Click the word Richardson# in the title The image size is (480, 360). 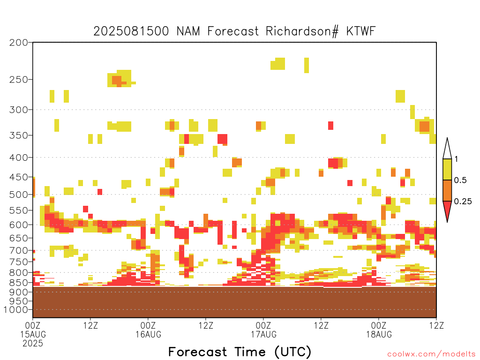[x=302, y=31]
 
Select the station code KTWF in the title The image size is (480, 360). [x=360, y=31]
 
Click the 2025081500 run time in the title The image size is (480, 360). [x=131, y=31]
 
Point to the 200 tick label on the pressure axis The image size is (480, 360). [x=19, y=43]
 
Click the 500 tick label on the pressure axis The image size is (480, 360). [x=19, y=195]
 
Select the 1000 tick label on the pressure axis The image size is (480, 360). [x=15, y=310]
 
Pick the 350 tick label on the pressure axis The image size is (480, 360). [x=19, y=135]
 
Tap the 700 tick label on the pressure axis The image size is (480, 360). [x=19, y=251]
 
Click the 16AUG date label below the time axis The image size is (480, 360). [x=149, y=334]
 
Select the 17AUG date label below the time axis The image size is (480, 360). [x=263, y=334]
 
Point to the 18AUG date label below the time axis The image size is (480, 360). [x=379, y=334]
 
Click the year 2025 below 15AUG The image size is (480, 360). [x=33, y=344]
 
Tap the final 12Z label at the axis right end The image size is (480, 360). [x=436, y=325]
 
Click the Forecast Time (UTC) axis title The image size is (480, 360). [x=240, y=352]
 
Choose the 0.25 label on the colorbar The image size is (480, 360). [x=463, y=202]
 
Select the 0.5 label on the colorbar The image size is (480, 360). [x=460, y=180]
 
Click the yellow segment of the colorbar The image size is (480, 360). [x=447, y=169]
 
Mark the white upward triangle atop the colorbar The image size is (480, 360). [x=447, y=149]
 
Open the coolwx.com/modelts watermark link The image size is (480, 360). [x=432, y=354]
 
